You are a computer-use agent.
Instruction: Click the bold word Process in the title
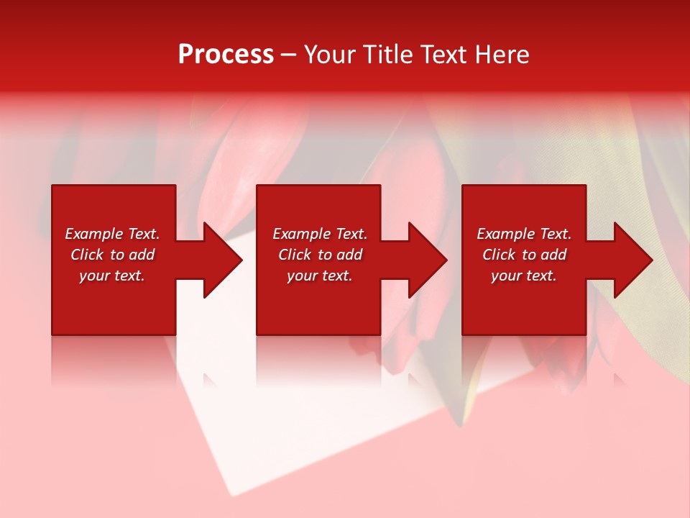pos(226,55)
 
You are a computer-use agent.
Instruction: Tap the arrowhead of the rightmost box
pos(632,260)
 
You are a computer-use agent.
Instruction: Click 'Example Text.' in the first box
pos(112,234)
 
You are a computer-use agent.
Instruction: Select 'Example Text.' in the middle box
pos(320,234)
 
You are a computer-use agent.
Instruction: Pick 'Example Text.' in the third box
pos(524,234)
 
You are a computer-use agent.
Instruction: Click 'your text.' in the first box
pos(112,276)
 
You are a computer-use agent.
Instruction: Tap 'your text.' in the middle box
pos(320,276)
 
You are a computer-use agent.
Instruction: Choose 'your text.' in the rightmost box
pos(524,276)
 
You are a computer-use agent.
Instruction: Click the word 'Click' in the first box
pos(87,255)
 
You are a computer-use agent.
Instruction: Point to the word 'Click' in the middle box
pos(295,255)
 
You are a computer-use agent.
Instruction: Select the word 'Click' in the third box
pos(499,255)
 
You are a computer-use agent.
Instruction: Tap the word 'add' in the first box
pos(142,255)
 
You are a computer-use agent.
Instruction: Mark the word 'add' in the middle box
pos(349,255)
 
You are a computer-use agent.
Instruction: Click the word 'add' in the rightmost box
pos(553,255)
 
